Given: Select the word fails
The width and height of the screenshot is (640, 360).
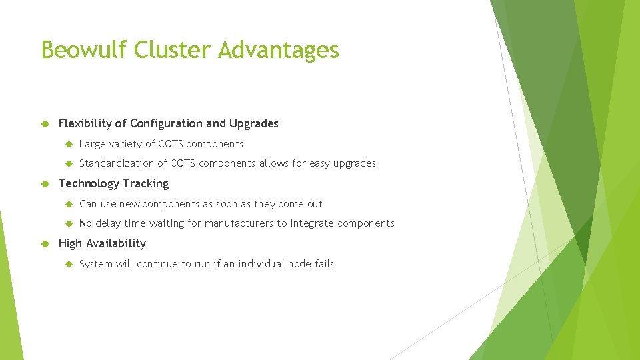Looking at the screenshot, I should coord(323,264).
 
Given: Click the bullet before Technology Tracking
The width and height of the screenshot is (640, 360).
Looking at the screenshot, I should coord(45,183).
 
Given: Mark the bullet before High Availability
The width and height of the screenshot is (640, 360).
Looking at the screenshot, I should coord(45,243).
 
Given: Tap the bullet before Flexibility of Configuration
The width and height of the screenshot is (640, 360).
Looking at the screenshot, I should coord(45,123).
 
